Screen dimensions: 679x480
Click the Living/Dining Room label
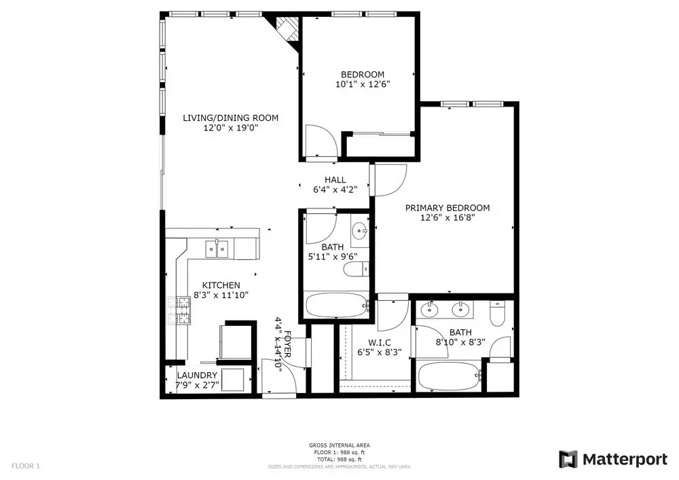point(230,117)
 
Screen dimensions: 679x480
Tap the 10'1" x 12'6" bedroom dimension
point(363,84)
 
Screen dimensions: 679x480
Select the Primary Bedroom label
point(447,208)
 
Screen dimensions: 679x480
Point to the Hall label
point(335,180)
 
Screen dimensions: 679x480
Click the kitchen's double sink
point(217,248)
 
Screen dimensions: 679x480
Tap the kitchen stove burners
point(179,310)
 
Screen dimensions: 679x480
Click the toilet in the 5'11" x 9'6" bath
point(356,270)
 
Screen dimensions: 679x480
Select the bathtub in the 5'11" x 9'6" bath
point(337,305)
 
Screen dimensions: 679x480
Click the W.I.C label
point(380,343)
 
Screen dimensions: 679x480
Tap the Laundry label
point(197,375)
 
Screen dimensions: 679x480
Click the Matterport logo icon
point(568,459)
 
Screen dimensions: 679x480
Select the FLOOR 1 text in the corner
point(26,466)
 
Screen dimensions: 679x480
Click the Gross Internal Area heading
point(339,445)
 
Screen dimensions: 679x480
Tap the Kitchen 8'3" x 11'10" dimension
point(221,295)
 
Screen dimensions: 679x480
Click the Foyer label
point(287,344)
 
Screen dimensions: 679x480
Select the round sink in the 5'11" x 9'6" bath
point(359,230)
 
